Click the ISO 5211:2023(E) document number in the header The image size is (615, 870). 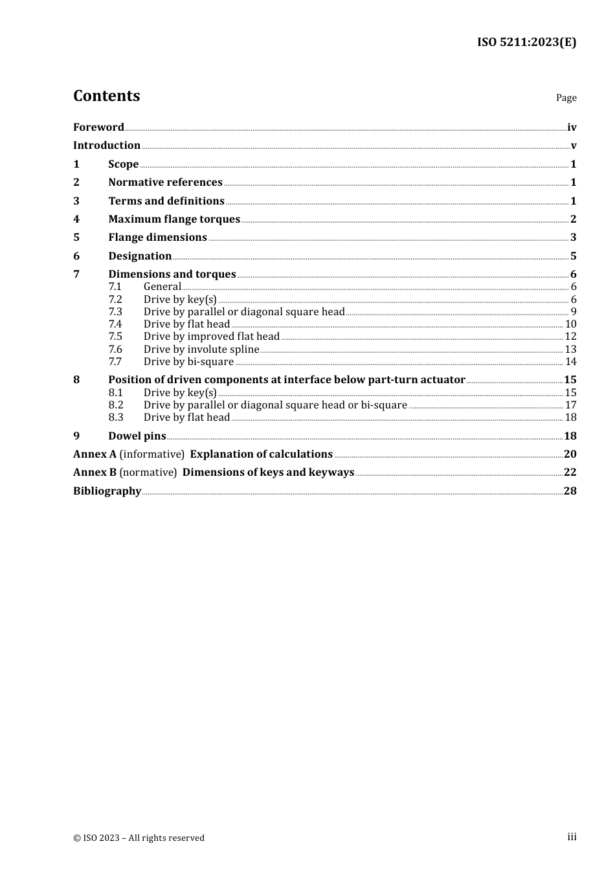[x=526, y=42]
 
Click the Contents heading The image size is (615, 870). [x=106, y=96]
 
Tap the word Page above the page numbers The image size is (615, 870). [x=566, y=98]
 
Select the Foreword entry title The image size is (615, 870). [x=98, y=128]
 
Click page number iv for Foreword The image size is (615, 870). [x=571, y=128]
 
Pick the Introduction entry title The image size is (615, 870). [x=107, y=146]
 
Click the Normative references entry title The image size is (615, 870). [x=165, y=183]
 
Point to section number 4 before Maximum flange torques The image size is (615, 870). [x=76, y=219]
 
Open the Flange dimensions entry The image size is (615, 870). [x=157, y=238]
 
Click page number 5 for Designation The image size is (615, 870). [x=573, y=256]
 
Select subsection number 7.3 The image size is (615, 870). [x=115, y=312]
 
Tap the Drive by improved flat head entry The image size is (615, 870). [x=211, y=337]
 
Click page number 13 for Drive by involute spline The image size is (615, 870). [x=570, y=350]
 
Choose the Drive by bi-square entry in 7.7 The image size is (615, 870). [x=188, y=362]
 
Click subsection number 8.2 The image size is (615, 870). [x=115, y=405]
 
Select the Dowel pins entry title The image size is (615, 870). [x=137, y=436]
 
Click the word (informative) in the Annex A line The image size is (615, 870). [x=151, y=454]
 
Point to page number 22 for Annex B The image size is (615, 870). [x=570, y=473]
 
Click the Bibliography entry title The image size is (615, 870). [x=107, y=491]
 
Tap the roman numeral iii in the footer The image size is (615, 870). [x=572, y=837]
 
